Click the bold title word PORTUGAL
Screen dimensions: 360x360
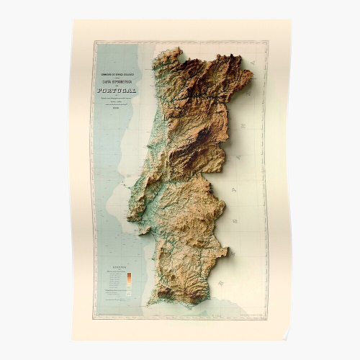114,90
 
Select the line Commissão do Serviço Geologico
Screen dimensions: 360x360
114,73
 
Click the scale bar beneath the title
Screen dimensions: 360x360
114,104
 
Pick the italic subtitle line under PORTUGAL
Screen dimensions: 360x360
114,97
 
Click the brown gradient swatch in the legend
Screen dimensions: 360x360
128,276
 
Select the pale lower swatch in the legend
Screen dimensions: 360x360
128,291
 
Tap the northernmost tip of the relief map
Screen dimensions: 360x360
176,48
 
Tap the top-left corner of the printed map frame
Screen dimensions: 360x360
92,42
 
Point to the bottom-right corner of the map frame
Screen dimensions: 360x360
268,318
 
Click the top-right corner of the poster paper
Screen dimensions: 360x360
291,19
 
